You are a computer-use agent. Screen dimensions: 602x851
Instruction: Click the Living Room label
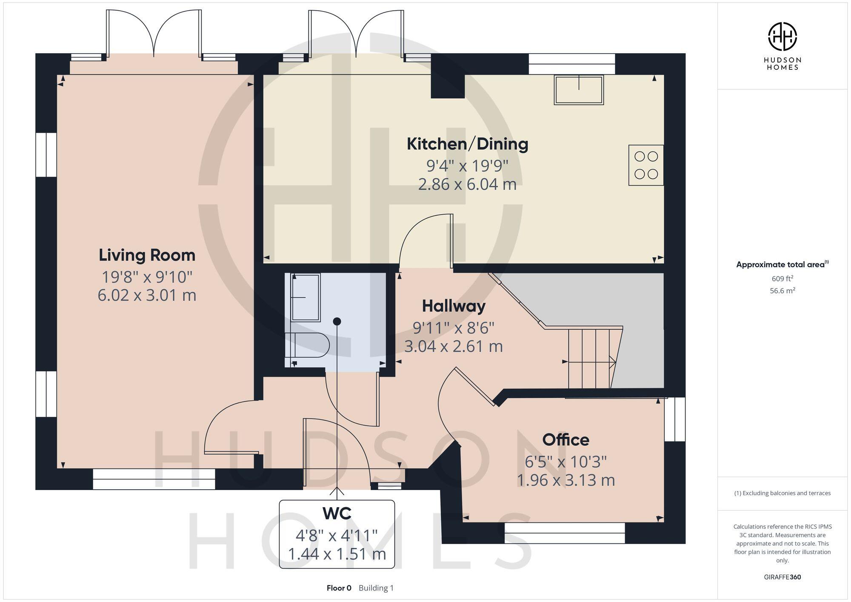[x=147, y=255]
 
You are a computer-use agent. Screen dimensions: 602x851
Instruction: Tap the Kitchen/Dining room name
[x=467, y=144]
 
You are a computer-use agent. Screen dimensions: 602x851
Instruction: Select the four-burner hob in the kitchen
[x=646, y=165]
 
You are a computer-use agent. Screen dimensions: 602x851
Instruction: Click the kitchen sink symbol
[x=579, y=90]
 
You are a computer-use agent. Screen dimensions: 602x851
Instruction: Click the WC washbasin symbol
[x=306, y=297]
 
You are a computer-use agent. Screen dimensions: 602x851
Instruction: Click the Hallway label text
[x=454, y=306]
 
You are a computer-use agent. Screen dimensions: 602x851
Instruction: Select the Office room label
[x=565, y=439]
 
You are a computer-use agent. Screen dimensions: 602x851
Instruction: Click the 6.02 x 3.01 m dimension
[x=147, y=295]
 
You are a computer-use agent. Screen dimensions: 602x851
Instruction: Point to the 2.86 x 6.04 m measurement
[x=467, y=185]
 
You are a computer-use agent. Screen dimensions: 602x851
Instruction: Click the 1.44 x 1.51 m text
[x=337, y=554]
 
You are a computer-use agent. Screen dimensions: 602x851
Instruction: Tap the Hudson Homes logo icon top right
[x=782, y=37]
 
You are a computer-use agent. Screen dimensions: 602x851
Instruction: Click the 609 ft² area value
[x=782, y=279]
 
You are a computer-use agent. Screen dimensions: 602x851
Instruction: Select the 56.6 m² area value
[x=782, y=291]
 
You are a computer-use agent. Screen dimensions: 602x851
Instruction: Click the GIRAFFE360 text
[x=782, y=577]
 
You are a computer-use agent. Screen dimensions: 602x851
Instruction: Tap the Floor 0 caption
[x=339, y=588]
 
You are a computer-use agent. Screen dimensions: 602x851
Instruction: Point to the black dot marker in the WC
[x=337, y=321]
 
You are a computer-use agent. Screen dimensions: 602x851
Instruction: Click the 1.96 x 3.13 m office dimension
[x=565, y=480]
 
